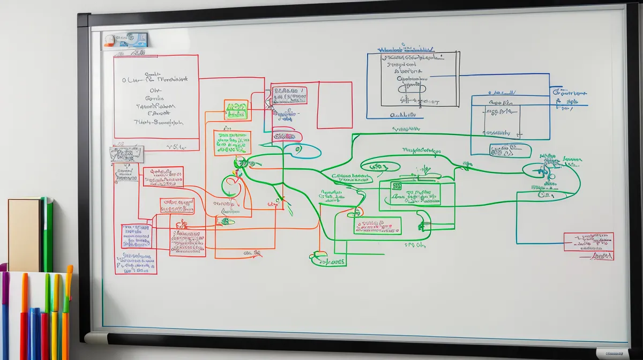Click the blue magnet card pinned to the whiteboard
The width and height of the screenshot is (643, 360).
pyautogui.click(x=125, y=39)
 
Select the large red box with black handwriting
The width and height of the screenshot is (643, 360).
pyautogui.click(x=156, y=96)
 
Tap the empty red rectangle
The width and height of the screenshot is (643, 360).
pyautogui.click(x=334, y=105)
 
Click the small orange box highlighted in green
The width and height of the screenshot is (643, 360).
pyautogui.click(x=236, y=109)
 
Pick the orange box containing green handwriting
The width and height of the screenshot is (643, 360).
pyautogui.click(x=232, y=143)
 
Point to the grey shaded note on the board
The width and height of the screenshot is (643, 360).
pyautogui.click(x=126, y=154)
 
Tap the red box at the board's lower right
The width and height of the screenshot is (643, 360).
pyautogui.click(x=588, y=242)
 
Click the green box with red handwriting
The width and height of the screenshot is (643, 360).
pyautogui.click(x=377, y=226)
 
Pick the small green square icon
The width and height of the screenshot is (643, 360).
pyautogui.click(x=397, y=186)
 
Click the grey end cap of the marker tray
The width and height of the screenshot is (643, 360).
pyautogui.click(x=96, y=338)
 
